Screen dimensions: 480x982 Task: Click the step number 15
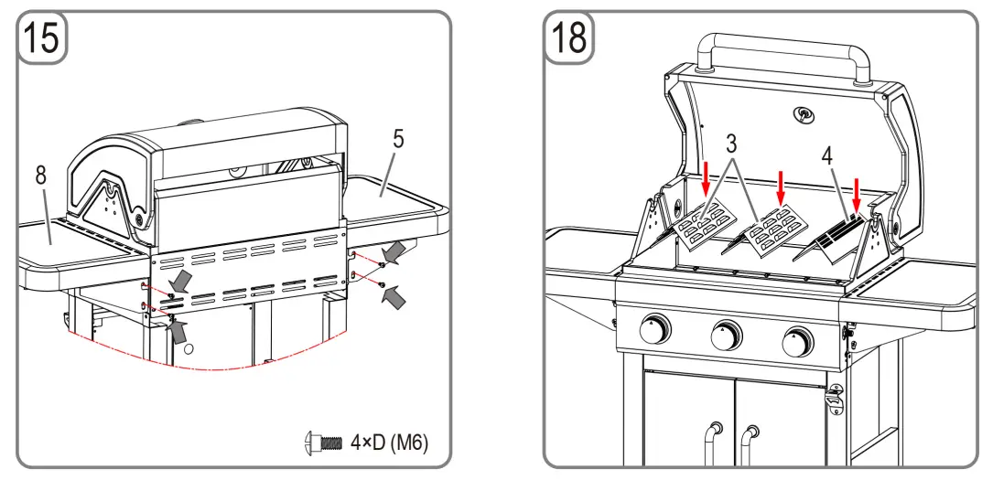point(42,39)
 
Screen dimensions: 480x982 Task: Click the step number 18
point(569,39)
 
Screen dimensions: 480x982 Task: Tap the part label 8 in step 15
point(41,176)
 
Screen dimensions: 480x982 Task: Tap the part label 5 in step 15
point(398,140)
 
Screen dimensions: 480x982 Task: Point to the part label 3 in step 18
point(732,144)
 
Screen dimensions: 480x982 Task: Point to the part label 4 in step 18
point(827,155)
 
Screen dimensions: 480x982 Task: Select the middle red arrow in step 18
point(780,187)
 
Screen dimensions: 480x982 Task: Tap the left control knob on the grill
point(655,331)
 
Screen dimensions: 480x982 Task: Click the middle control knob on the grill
point(728,336)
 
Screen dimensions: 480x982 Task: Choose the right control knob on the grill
point(798,342)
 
